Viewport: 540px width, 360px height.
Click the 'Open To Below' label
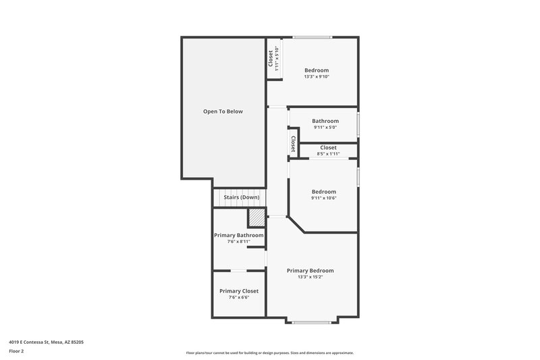(x=223, y=111)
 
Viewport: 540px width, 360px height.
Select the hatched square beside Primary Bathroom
(x=256, y=218)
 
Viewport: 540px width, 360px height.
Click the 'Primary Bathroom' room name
(x=239, y=235)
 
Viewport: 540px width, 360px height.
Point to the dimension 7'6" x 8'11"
(x=239, y=242)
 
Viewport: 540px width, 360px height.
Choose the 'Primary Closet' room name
(x=239, y=290)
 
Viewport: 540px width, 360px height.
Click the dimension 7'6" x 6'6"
(x=239, y=297)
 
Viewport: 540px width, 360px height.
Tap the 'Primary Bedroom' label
(x=310, y=270)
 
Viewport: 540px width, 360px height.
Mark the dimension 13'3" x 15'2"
(x=310, y=277)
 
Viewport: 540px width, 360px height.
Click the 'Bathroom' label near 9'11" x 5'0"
(x=325, y=121)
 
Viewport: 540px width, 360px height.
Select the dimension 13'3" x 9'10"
(x=317, y=77)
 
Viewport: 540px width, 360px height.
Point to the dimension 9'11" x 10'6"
(x=323, y=198)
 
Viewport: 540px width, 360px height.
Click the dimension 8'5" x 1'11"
(x=328, y=154)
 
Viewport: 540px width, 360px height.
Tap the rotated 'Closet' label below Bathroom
(x=294, y=143)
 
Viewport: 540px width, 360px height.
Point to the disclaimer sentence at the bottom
(x=270, y=353)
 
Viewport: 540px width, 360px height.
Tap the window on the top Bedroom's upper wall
(x=311, y=37)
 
